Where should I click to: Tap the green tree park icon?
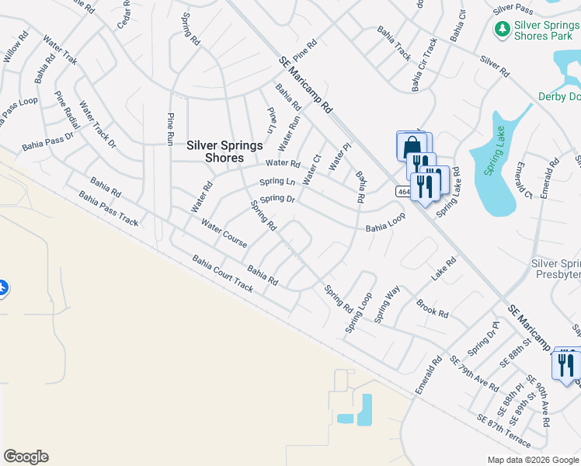(x=502, y=29)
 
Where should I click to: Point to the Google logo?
(x=26, y=456)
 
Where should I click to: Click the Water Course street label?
(x=224, y=234)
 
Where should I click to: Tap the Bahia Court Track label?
(x=223, y=273)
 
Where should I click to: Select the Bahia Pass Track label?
(x=108, y=211)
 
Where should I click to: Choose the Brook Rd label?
(x=433, y=309)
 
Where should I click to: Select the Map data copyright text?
(x=533, y=460)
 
